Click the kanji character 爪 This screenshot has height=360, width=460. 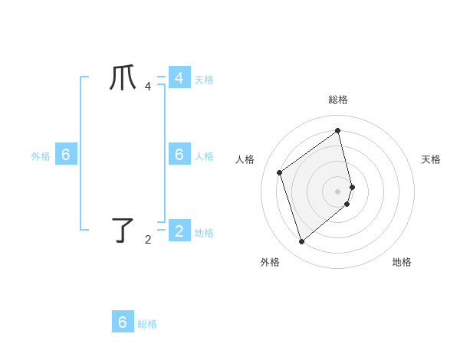tap(123, 78)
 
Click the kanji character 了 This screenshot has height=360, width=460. tap(123, 230)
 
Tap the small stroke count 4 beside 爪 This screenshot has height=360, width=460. tap(148, 87)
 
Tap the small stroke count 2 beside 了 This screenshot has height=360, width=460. tap(148, 240)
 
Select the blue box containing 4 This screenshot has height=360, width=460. tap(179, 78)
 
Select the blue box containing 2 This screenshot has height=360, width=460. tap(179, 230)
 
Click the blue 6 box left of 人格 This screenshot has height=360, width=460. tap(179, 154)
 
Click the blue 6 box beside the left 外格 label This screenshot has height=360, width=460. tap(65, 155)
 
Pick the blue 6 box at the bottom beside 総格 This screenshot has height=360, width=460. tap(123, 322)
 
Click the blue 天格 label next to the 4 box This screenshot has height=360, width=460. tap(204, 80)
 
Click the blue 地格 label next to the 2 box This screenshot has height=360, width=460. tap(204, 233)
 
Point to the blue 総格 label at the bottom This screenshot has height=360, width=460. tap(147, 324)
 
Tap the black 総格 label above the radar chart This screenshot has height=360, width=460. tap(338, 100)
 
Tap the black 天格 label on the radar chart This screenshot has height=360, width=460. tap(431, 159)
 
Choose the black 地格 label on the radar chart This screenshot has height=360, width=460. tap(402, 263)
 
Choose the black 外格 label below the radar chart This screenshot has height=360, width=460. tap(270, 263)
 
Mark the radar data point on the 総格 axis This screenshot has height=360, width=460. tap(338, 130)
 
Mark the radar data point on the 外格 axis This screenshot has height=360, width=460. tap(302, 242)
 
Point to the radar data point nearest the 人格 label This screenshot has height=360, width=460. tap(280, 172)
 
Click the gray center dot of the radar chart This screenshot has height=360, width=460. tap(338, 191)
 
